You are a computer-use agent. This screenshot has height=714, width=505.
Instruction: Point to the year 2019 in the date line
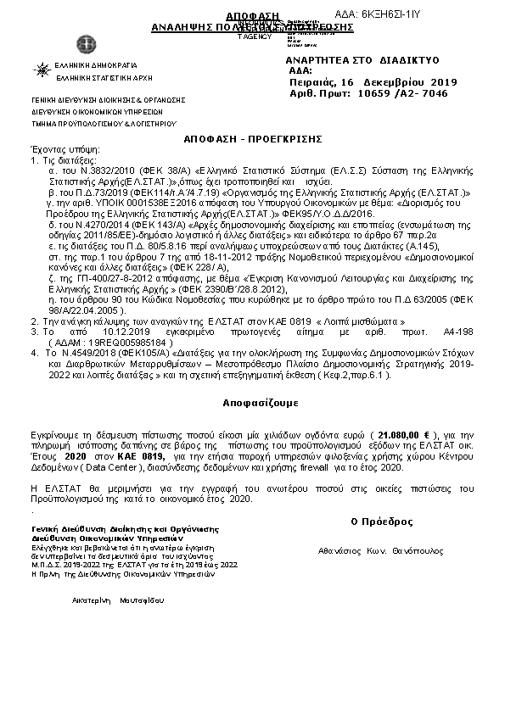442,82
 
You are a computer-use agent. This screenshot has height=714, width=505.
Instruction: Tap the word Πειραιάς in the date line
312,82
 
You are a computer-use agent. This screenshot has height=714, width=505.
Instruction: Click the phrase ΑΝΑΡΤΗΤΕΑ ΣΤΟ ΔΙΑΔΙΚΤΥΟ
362,61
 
